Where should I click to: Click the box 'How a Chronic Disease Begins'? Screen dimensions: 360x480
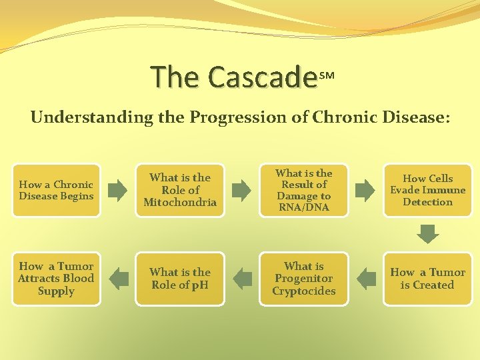click(x=56, y=190)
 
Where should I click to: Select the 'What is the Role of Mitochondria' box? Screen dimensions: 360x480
click(x=180, y=190)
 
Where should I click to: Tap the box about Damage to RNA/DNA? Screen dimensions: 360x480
click(x=304, y=190)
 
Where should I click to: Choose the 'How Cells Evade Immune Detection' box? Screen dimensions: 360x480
click(x=427, y=190)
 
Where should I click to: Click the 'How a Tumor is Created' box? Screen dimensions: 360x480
click(x=427, y=279)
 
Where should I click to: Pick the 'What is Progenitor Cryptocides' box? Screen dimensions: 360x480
click(x=304, y=279)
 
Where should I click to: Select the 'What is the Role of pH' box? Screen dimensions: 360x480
click(x=180, y=279)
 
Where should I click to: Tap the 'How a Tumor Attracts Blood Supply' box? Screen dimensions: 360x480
click(x=56, y=279)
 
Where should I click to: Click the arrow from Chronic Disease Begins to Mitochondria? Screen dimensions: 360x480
click(x=117, y=191)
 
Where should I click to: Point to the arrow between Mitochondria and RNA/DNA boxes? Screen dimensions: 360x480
click(x=241, y=191)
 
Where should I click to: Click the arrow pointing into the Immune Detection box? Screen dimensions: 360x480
click(x=365, y=191)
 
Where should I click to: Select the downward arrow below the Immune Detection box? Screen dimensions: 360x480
click(x=427, y=233)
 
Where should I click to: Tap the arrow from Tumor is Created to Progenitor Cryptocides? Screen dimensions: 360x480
click(x=365, y=279)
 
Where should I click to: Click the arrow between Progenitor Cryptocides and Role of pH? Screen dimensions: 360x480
click(x=241, y=279)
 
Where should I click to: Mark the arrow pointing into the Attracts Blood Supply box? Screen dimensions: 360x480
click(x=117, y=279)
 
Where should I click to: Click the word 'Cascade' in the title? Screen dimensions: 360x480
click(x=262, y=77)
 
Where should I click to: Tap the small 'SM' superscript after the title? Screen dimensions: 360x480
click(x=327, y=76)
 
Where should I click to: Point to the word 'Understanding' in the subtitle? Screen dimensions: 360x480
click(x=74, y=118)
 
